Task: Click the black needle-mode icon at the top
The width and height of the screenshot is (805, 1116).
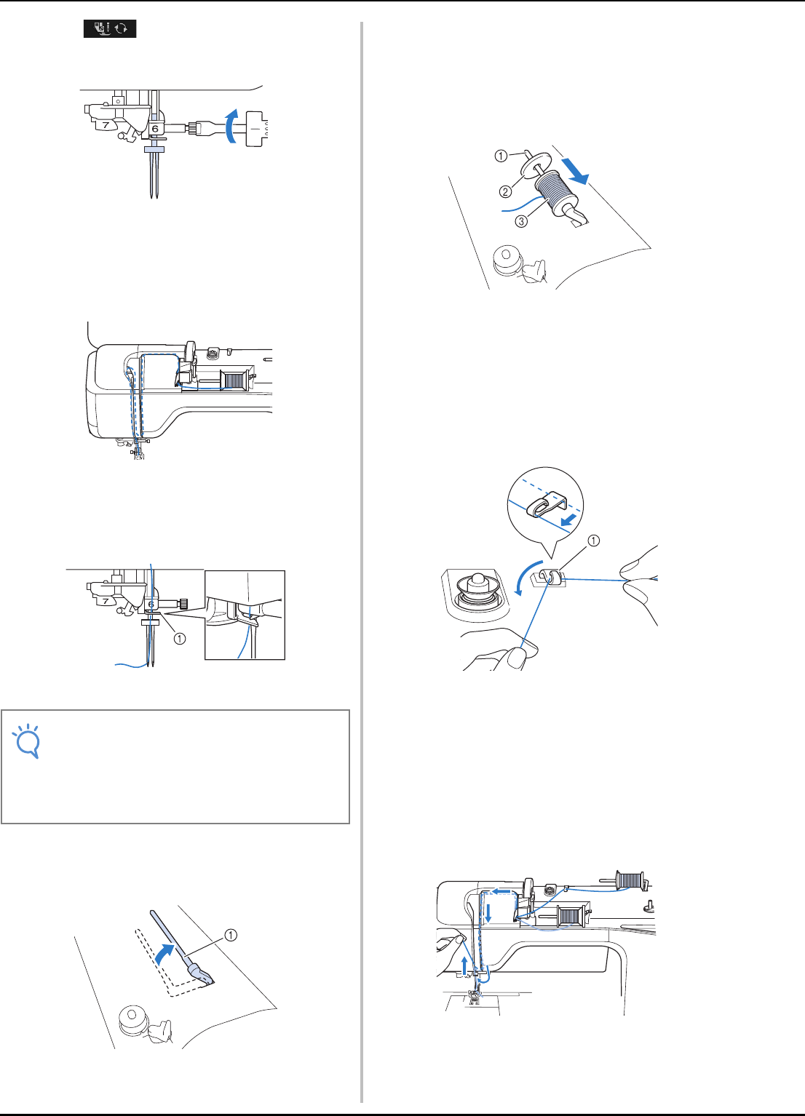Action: pos(110,29)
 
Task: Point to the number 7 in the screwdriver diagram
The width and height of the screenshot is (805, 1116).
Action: pos(106,125)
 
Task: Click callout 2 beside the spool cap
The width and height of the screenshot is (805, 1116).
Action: pos(505,192)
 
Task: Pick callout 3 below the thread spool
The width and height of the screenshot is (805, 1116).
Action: pos(521,221)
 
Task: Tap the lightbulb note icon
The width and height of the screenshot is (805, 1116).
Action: pos(28,741)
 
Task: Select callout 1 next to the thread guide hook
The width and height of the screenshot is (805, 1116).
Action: pos(594,541)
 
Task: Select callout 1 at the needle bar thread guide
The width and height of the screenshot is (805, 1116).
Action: pos(179,639)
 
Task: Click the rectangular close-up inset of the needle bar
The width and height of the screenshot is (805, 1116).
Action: pos(245,615)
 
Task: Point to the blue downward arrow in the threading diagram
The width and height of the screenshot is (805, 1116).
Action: pos(488,914)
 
